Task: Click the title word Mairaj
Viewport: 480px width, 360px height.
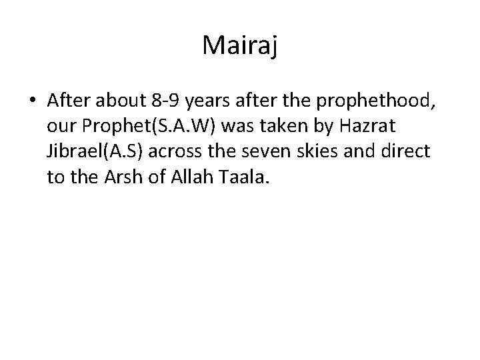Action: (x=239, y=46)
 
